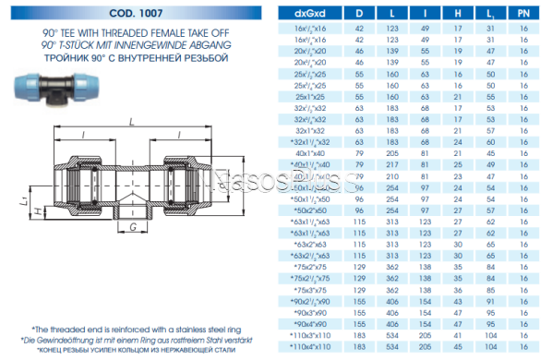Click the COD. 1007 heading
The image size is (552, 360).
tap(130, 13)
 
